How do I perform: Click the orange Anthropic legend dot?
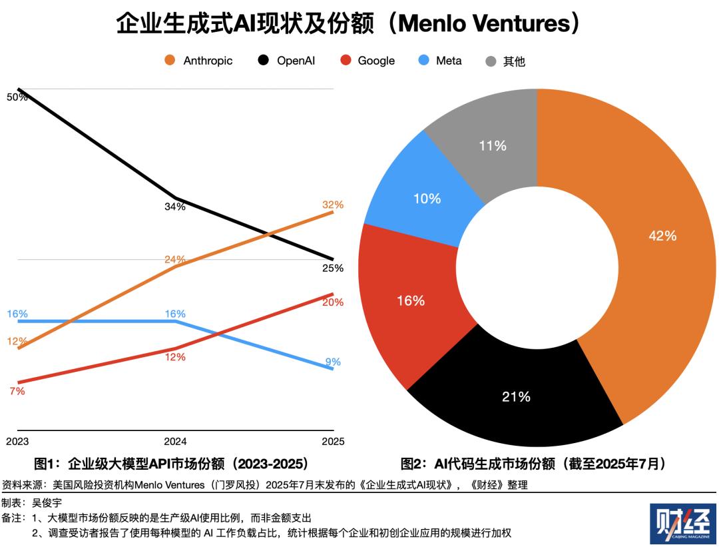(x=170, y=61)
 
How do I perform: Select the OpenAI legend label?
(x=296, y=61)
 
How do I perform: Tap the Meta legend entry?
(x=449, y=61)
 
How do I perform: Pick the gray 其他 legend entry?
(x=514, y=61)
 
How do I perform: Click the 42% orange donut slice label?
(x=662, y=236)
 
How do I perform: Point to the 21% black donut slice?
(x=516, y=397)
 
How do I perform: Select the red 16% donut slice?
(x=410, y=301)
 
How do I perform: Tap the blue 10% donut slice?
(x=427, y=199)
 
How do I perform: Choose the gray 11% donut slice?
(x=493, y=146)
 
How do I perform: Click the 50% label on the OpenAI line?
(x=17, y=97)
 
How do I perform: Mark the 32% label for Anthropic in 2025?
(x=333, y=205)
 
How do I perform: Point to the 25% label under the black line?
(x=333, y=269)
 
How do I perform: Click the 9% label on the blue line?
(x=333, y=362)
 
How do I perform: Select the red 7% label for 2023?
(x=17, y=392)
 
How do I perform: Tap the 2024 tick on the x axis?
(x=175, y=442)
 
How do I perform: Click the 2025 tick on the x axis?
(x=333, y=442)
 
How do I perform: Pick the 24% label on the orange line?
(x=175, y=260)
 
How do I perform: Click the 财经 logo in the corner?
(x=682, y=524)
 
